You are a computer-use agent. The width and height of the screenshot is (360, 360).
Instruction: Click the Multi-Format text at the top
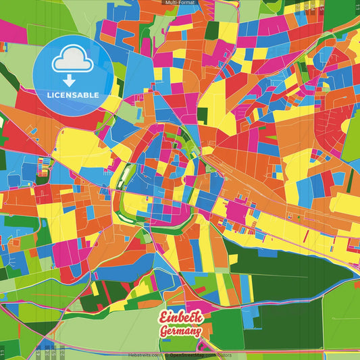pos(179,3)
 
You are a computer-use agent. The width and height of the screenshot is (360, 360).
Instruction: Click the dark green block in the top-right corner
pos(341,14)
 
